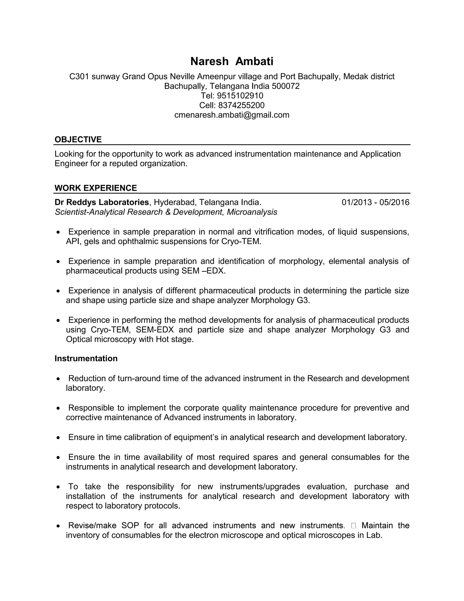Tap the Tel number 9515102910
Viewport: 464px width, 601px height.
tap(240, 95)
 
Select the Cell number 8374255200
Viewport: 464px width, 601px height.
tap(241, 105)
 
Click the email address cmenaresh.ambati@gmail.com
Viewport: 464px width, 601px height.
tap(232, 115)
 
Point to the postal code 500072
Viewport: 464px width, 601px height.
tap(286, 86)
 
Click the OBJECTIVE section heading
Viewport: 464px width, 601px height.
tap(78, 139)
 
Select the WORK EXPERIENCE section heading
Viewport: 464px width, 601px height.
tap(96, 188)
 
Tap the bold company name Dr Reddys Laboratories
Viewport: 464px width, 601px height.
tap(102, 202)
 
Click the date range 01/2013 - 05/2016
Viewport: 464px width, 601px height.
tap(375, 202)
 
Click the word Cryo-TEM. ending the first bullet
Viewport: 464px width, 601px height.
tap(241, 241)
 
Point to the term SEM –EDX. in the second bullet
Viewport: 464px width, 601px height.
tap(203, 271)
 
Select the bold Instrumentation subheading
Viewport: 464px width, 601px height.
tap(86, 358)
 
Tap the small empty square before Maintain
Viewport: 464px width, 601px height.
tap(353, 526)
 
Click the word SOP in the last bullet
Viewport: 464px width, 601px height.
tap(130, 526)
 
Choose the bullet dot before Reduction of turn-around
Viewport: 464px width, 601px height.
tap(58, 379)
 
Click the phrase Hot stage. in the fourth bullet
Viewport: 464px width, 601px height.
tap(174, 339)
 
